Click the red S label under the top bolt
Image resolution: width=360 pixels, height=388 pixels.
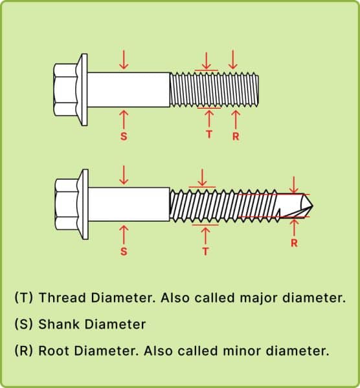tap(124, 136)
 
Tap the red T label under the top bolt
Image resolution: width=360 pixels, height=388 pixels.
tap(209, 135)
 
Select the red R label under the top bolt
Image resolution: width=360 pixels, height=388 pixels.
tap(236, 136)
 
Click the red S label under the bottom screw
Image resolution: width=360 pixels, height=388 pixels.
tap(124, 252)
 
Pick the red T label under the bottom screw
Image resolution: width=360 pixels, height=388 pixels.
tap(205, 252)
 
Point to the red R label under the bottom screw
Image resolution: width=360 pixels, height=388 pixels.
tap(294, 243)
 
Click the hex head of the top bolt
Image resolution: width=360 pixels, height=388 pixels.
tap(66, 90)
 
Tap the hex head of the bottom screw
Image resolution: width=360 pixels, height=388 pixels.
tap(67, 204)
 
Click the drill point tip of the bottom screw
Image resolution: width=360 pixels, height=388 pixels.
tap(313, 205)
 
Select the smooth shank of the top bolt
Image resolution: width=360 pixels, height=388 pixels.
tap(129, 90)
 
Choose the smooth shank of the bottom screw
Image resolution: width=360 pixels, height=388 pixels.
tap(129, 204)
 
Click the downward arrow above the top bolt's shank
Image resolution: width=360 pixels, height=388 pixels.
tap(124, 59)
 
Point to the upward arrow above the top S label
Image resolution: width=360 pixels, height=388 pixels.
tap(124, 120)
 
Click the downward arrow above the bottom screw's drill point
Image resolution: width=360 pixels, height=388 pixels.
tap(294, 184)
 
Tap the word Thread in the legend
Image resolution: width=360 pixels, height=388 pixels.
tap(62, 297)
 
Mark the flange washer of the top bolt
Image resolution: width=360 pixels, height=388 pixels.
tap(83, 90)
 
